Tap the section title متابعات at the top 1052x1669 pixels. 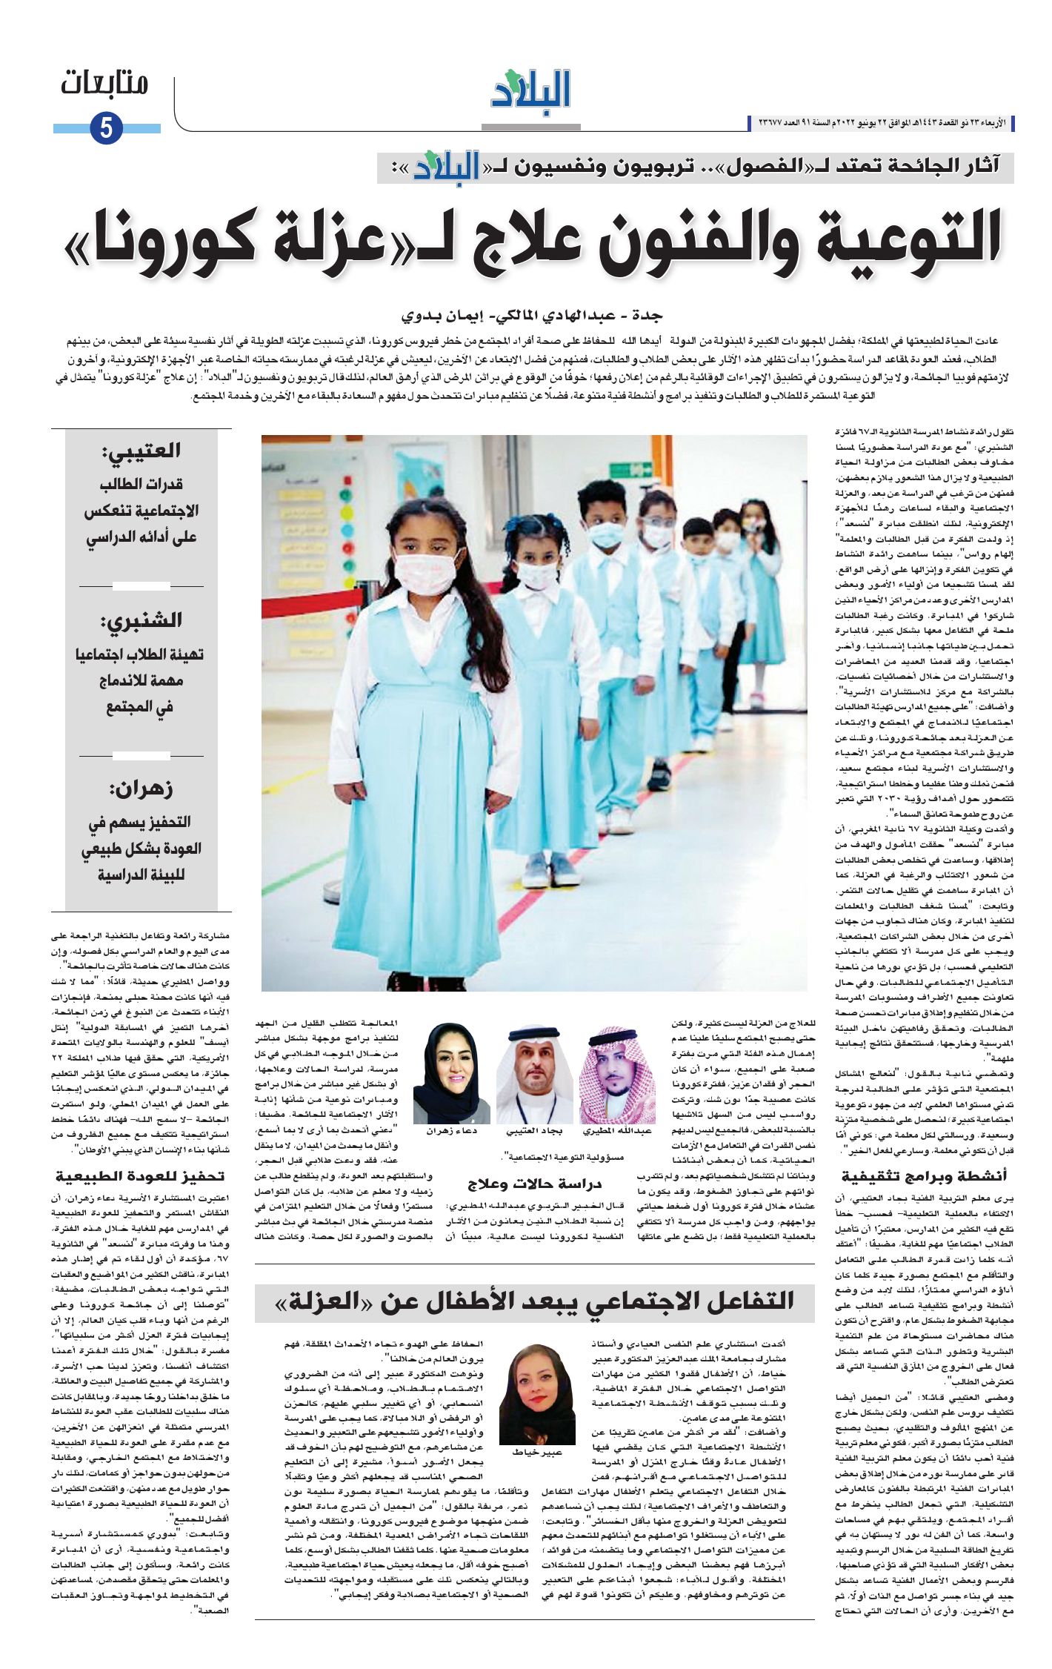[x=104, y=83]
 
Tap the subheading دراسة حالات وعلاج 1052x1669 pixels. [x=533, y=1184]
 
